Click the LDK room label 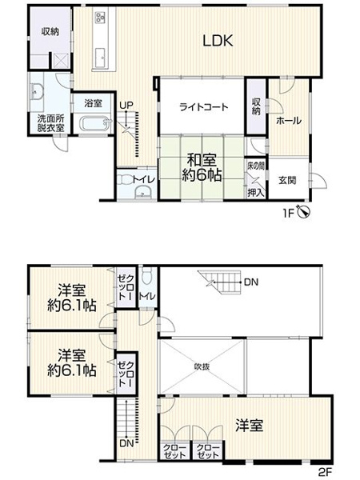217,42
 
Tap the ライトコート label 203,107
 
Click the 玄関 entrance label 287,181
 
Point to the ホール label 288,120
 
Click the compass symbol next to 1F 303,213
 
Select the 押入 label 255,192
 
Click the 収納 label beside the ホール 255,106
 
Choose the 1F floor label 286,214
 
